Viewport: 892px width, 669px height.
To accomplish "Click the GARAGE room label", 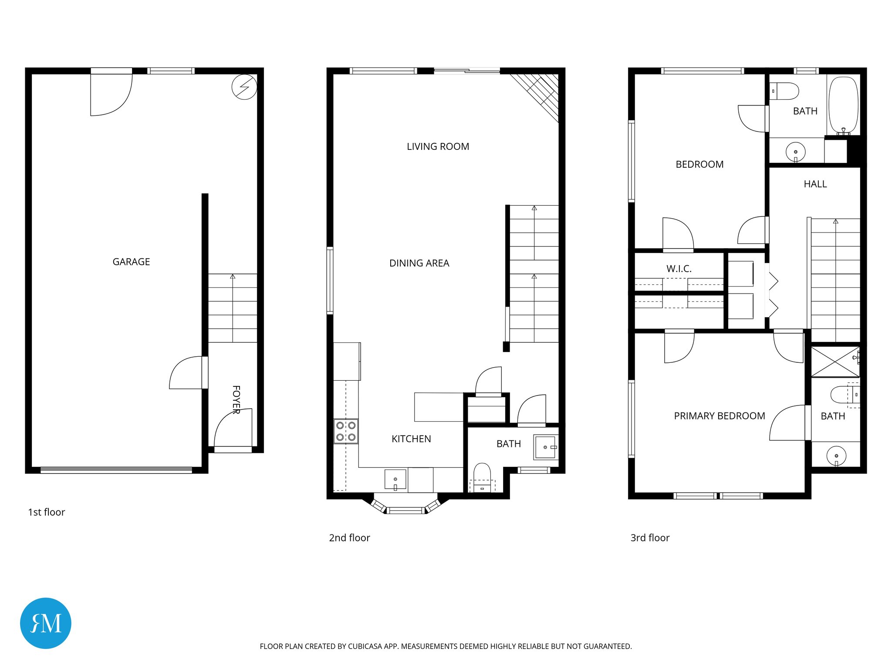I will (131, 262).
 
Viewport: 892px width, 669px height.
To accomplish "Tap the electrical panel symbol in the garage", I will (244, 87).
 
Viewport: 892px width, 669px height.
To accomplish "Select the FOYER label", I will (236, 399).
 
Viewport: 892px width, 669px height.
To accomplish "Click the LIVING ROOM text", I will (438, 147).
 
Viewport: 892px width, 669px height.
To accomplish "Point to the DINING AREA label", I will (419, 263).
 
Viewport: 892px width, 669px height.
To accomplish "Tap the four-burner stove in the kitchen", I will (346, 431).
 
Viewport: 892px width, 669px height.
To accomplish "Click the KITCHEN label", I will (411, 439).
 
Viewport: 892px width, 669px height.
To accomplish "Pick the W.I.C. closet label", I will (679, 269).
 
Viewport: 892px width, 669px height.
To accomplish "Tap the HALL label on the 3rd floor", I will (815, 184).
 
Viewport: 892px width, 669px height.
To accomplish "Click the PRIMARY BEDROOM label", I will (719, 416).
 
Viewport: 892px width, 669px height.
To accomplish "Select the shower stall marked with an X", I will (835, 362).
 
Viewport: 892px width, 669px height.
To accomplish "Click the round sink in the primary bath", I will (836, 456).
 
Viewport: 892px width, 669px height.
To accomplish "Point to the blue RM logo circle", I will (46, 623).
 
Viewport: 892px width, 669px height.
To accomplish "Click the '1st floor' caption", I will (46, 512).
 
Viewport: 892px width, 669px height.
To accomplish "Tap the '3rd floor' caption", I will (650, 538).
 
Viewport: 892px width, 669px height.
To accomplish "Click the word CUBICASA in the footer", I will (365, 646).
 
